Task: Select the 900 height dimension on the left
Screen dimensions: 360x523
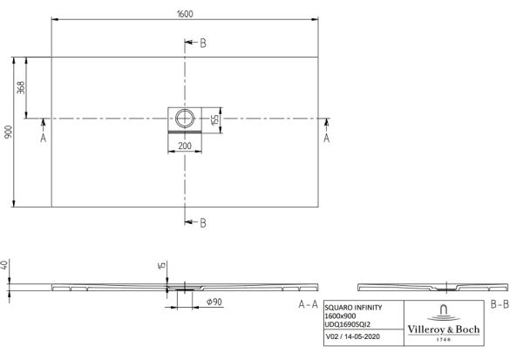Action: coord(7,132)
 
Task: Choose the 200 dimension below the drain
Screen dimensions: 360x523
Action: coord(185,146)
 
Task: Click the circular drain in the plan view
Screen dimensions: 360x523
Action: coord(186,118)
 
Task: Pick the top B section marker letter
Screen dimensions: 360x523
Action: coord(203,43)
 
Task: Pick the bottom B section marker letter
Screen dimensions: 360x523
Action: coord(203,223)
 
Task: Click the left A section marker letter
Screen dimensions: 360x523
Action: coord(43,138)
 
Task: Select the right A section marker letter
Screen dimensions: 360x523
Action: coord(327,138)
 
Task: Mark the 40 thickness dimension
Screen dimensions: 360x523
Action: coord(5,266)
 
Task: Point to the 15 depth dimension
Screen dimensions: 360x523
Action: coord(161,266)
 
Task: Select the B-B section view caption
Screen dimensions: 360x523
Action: coord(499,304)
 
